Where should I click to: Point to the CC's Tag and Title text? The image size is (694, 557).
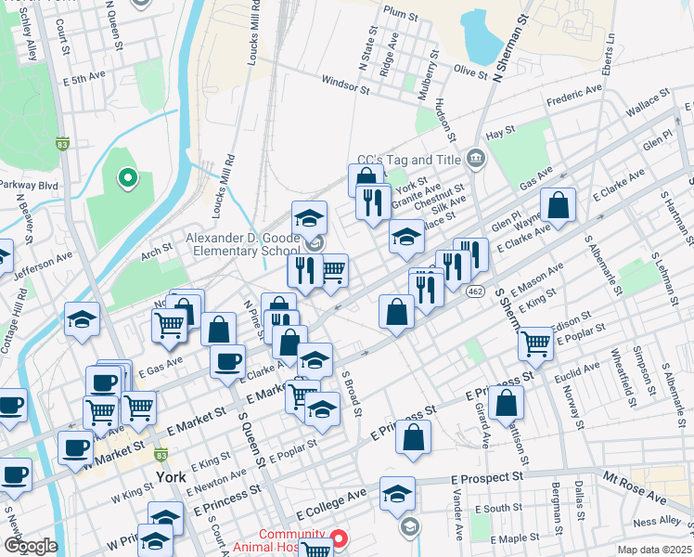(409, 160)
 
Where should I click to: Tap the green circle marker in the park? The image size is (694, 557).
(126, 176)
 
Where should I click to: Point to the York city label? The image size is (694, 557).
(171, 476)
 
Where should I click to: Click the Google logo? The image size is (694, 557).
(31, 546)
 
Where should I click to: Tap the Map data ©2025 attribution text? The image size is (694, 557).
(653, 550)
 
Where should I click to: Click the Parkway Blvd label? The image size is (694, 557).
(30, 185)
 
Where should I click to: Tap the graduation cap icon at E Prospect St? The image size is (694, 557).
(397, 493)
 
